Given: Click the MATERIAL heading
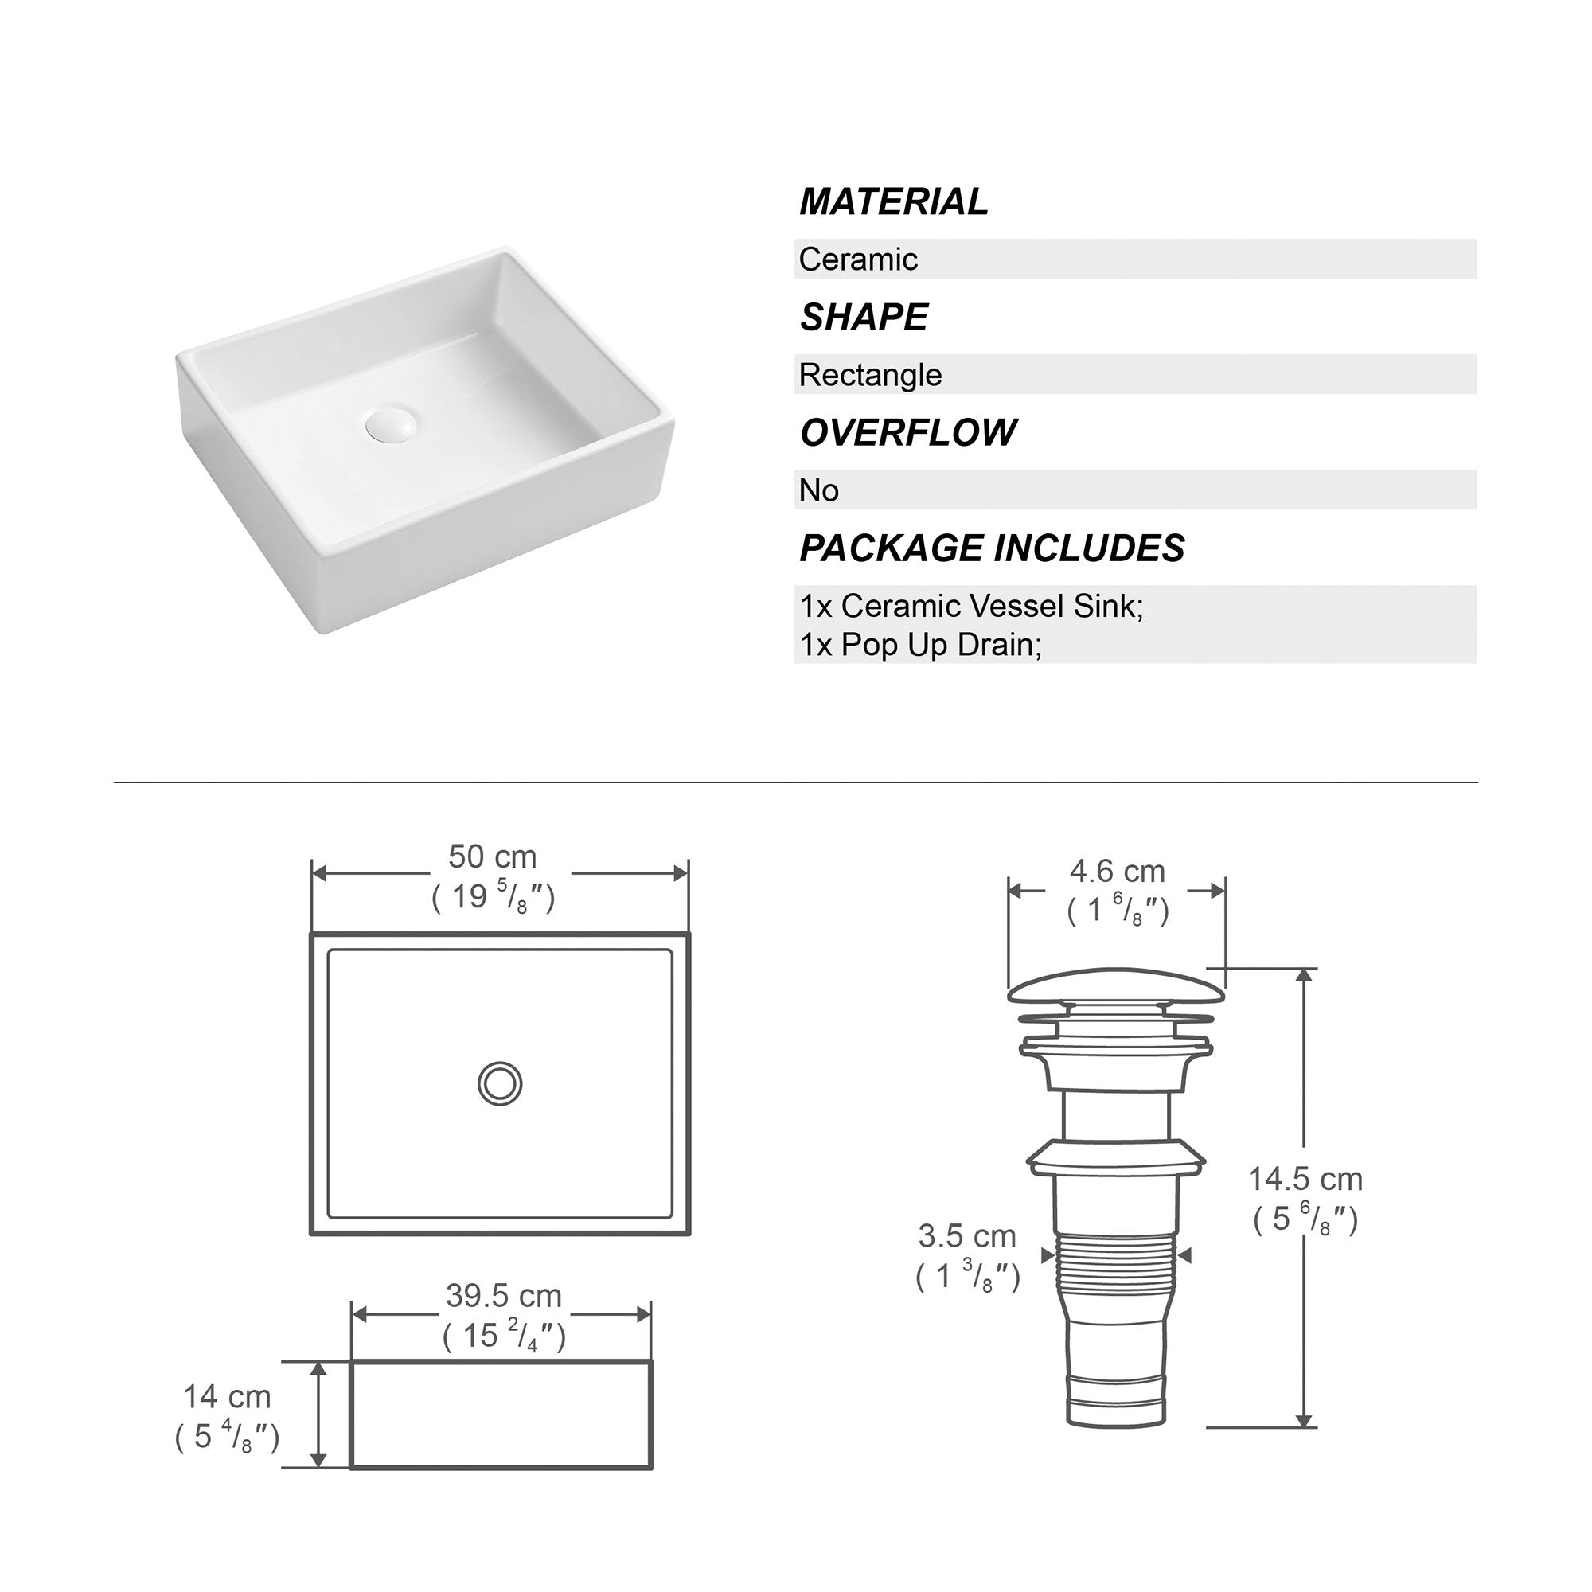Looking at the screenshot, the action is click(893, 202).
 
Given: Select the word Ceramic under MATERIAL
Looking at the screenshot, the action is click(858, 259).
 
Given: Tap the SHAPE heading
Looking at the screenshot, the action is click(864, 318).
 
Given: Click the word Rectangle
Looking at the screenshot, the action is click(870, 376).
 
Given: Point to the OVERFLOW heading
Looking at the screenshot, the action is click(908, 432).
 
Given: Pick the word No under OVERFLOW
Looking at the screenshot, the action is click(818, 491).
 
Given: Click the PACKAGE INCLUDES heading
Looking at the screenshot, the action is click(992, 548).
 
